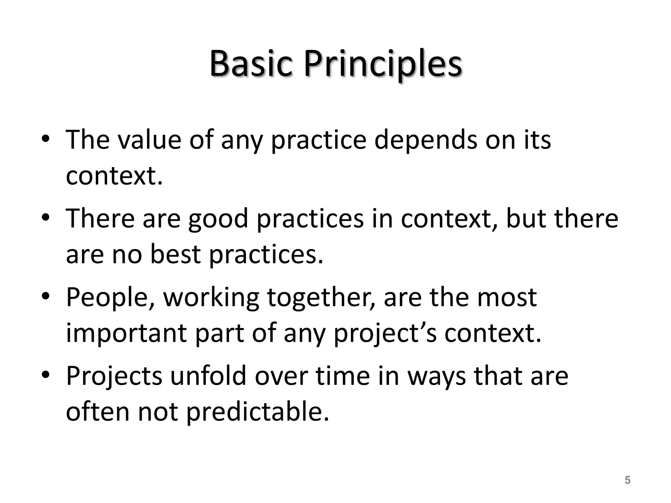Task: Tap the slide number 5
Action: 627,480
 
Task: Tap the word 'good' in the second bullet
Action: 218,219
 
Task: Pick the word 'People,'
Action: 110,297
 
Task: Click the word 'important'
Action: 126,333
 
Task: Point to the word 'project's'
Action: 385,333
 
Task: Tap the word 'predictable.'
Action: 258,412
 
